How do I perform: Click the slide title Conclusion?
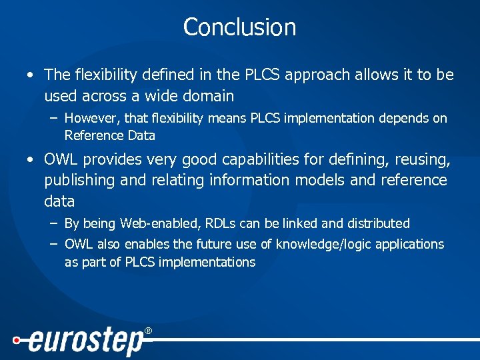pos(239,27)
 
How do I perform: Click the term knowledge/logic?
pos(333,245)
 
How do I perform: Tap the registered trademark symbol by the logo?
pos(148,331)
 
